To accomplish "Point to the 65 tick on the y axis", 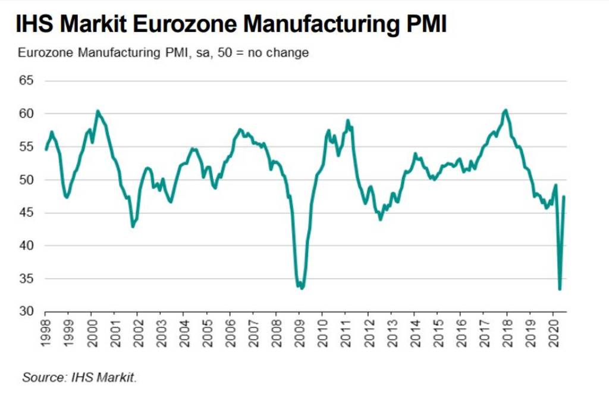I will click(26, 80).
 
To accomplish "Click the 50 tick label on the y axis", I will click(26, 180).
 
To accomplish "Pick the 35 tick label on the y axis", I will click(26, 279).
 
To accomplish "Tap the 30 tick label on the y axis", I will click(26, 312).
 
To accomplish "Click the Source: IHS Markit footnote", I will click(80, 377).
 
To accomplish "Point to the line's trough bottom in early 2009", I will click(302, 288).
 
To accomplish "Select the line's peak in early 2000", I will click(98, 111).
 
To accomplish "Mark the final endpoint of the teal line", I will click(564, 197).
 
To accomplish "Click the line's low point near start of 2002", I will click(133, 227).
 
